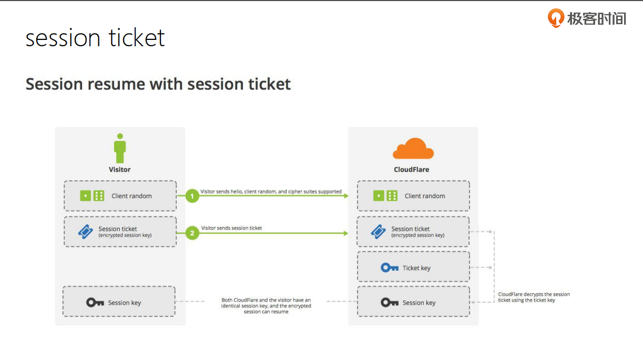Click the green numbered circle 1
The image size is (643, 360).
coord(192,196)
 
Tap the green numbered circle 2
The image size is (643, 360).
coord(192,232)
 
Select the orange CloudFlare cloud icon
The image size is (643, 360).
coord(413,149)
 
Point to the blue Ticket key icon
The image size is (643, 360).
coord(390,268)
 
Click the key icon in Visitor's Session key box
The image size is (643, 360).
coord(95,302)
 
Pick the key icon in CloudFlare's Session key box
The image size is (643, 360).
coord(390,302)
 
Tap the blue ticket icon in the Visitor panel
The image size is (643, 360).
coord(85,232)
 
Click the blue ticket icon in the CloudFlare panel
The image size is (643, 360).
coord(378,232)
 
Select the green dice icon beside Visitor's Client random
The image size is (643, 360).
coord(92,196)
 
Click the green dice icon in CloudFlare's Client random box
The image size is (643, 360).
coord(385,196)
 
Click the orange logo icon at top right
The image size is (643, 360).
coord(556,18)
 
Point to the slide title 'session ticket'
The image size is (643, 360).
coord(95,38)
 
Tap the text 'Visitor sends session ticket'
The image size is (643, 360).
coord(231,228)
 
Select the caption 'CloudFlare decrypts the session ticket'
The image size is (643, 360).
coord(534,297)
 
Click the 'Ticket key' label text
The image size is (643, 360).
coord(416,268)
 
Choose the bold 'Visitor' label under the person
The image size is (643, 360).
coord(120,170)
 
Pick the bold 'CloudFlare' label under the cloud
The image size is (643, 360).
coord(412,170)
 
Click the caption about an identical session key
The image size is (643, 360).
coord(266,306)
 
